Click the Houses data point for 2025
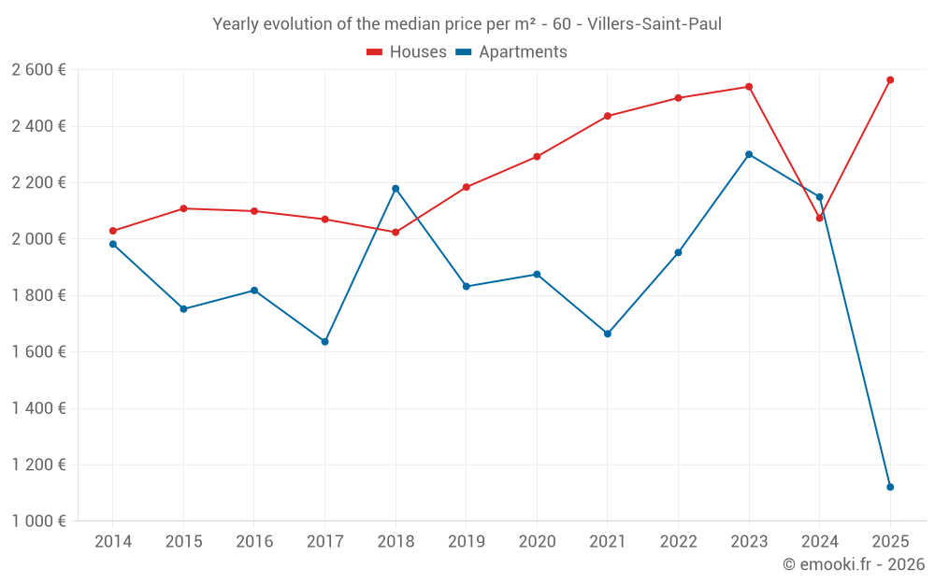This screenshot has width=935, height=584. (890, 80)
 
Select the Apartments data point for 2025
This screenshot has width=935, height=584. (890, 487)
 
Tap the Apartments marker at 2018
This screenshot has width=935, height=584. (396, 189)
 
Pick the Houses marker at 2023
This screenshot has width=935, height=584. (749, 87)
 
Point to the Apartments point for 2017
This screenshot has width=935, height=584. (324, 342)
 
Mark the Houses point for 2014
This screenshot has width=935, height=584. (113, 231)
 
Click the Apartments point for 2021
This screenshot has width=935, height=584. (608, 334)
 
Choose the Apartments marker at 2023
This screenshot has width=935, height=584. (749, 154)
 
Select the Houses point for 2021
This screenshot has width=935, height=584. (608, 116)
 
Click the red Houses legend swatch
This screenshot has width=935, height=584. (375, 52)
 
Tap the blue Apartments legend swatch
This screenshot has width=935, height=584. (464, 52)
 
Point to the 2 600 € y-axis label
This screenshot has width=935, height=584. (38, 69)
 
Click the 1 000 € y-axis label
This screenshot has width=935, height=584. (38, 521)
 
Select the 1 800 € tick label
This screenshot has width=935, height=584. (38, 295)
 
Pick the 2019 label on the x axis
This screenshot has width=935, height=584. (466, 542)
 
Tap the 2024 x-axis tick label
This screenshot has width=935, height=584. (819, 542)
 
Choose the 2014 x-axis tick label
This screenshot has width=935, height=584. (113, 542)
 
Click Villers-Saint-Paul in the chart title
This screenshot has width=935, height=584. (654, 24)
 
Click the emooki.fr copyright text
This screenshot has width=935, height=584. (853, 564)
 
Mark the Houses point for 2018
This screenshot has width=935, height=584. (396, 232)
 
